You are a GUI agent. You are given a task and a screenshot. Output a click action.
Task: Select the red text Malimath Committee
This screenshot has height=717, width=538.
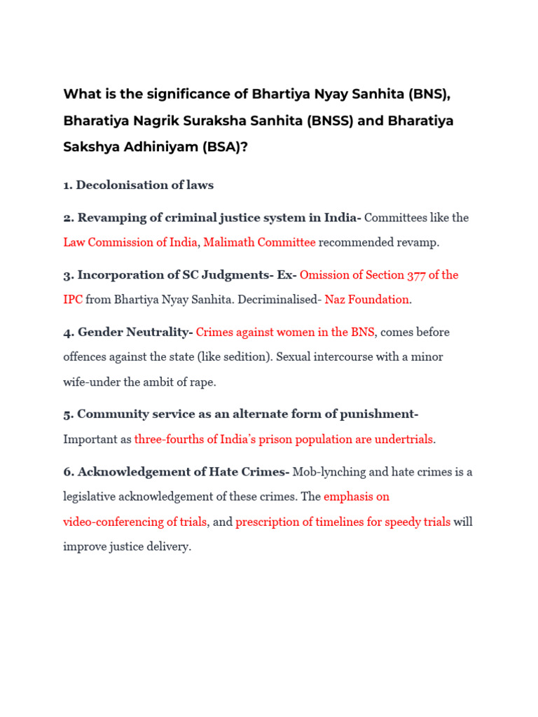point(259,242)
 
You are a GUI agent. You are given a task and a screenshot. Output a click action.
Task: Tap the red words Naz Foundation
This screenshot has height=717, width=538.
point(367,300)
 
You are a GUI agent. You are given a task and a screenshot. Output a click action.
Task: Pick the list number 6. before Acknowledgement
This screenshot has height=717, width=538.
point(68,472)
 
